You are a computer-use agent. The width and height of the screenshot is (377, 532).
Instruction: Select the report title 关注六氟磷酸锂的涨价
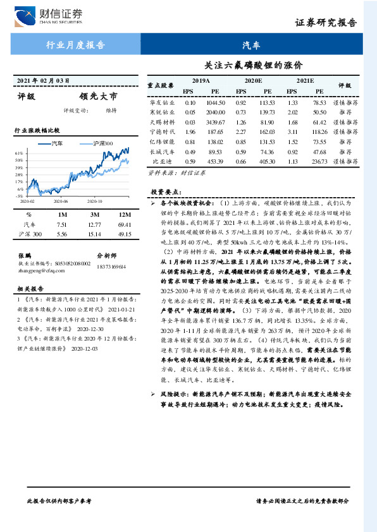point(254,65)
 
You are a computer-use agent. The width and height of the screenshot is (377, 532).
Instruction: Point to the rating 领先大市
point(98,97)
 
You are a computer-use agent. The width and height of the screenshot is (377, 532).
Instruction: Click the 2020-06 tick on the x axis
point(61,202)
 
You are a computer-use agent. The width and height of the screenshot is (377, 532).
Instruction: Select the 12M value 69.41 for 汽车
point(123,224)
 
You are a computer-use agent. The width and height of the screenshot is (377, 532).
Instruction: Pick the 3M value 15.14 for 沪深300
point(94,234)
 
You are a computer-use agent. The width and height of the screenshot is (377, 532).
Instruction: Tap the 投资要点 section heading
point(166,191)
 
